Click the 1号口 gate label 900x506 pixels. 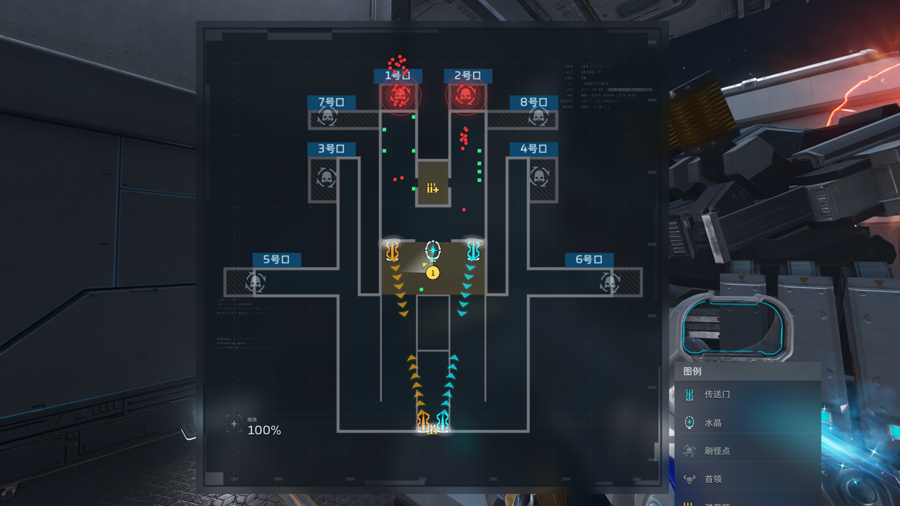pyautogui.click(x=398, y=75)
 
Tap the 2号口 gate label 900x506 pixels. pyautogui.click(x=467, y=75)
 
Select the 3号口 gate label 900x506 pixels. pyautogui.click(x=331, y=149)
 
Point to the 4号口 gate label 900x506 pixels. pyautogui.click(x=533, y=149)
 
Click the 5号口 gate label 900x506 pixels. pyautogui.click(x=276, y=259)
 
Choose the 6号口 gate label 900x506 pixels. pyautogui.click(x=589, y=259)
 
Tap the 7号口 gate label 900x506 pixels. pyautogui.click(x=331, y=102)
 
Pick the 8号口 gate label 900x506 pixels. pyautogui.click(x=533, y=102)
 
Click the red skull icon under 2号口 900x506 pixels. pyautogui.click(x=466, y=96)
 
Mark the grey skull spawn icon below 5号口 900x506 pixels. pyautogui.click(x=255, y=282)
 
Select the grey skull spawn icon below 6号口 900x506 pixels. pyautogui.click(x=609, y=282)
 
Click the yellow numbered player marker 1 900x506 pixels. pyautogui.click(x=433, y=273)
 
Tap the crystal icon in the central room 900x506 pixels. pyautogui.click(x=433, y=250)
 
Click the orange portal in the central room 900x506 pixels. pyautogui.click(x=392, y=250)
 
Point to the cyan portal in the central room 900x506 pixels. pyautogui.click(x=473, y=250)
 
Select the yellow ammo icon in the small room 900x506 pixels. pyautogui.click(x=433, y=188)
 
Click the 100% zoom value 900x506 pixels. pyautogui.click(x=264, y=431)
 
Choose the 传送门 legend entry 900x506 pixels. pyautogui.click(x=717, y=395)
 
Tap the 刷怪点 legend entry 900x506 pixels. pyautogui.click(x=717, y=451)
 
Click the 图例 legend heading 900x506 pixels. pyautogui.click(x=692, y=372)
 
